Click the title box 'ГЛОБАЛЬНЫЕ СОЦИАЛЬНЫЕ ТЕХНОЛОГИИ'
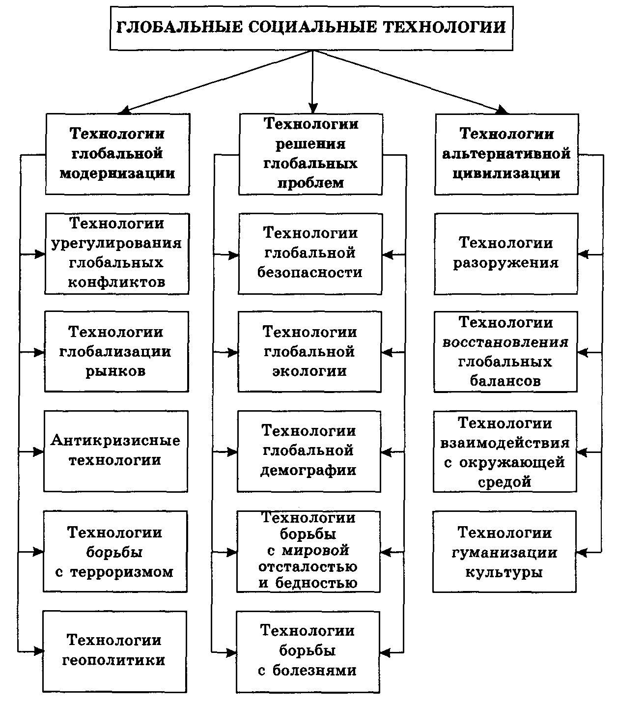coord(311,28)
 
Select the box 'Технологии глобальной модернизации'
coord(117,154)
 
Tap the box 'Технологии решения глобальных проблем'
coord(310,154)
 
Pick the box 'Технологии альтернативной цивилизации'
coord(506,154)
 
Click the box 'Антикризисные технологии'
coord(116,450)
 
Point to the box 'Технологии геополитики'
coord(114,651)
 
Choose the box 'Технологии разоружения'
coord(505,253)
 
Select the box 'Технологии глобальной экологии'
coord(309,351)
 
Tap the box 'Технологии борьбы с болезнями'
coord(308,650)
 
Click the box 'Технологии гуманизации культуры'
coord(504,552)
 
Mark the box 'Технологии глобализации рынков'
coord(116,351)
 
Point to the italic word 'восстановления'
coord(505,342)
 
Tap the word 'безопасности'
coord(310,273)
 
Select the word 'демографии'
coord(308,471)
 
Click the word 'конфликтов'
coord(116,282)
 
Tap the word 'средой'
coord(505,482)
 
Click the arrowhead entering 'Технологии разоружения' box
coord(583,254)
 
